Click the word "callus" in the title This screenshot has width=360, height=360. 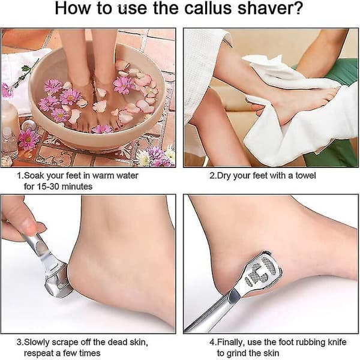click(208, 8)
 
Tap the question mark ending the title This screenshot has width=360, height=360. click(298, 8)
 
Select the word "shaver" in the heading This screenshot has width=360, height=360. click(265, 8)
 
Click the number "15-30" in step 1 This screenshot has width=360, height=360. click(48, 187)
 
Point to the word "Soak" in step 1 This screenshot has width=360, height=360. click(34, 176)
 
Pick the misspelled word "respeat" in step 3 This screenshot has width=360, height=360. click(38, 353)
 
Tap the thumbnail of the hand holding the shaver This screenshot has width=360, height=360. click(28, 226)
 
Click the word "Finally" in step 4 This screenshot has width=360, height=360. click(231, 342)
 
